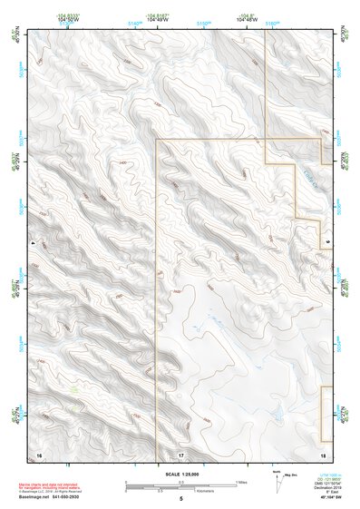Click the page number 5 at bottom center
tap(181, 498)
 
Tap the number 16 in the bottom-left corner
tap(38, 453)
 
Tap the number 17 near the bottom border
tap(180, 453)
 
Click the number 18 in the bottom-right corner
tap(323, 453)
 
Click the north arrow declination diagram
tap(276, 477)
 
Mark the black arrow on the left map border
tap(34, 244)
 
